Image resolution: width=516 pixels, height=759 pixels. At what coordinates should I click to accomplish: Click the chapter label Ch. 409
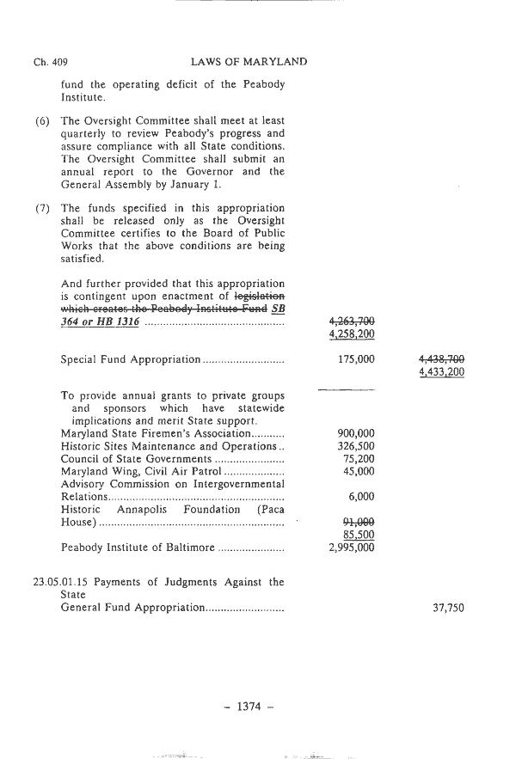[51, 62]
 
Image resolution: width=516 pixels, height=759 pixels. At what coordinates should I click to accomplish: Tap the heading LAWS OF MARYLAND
[247, 62]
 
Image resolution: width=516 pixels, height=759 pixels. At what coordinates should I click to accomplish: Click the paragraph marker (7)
[42, 209]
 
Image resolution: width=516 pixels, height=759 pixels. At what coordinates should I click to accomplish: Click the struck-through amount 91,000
[359, 521]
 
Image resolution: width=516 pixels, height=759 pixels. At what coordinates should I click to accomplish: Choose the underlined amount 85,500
[359, 534]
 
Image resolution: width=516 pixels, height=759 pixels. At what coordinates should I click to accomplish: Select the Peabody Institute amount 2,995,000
[352, 547]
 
